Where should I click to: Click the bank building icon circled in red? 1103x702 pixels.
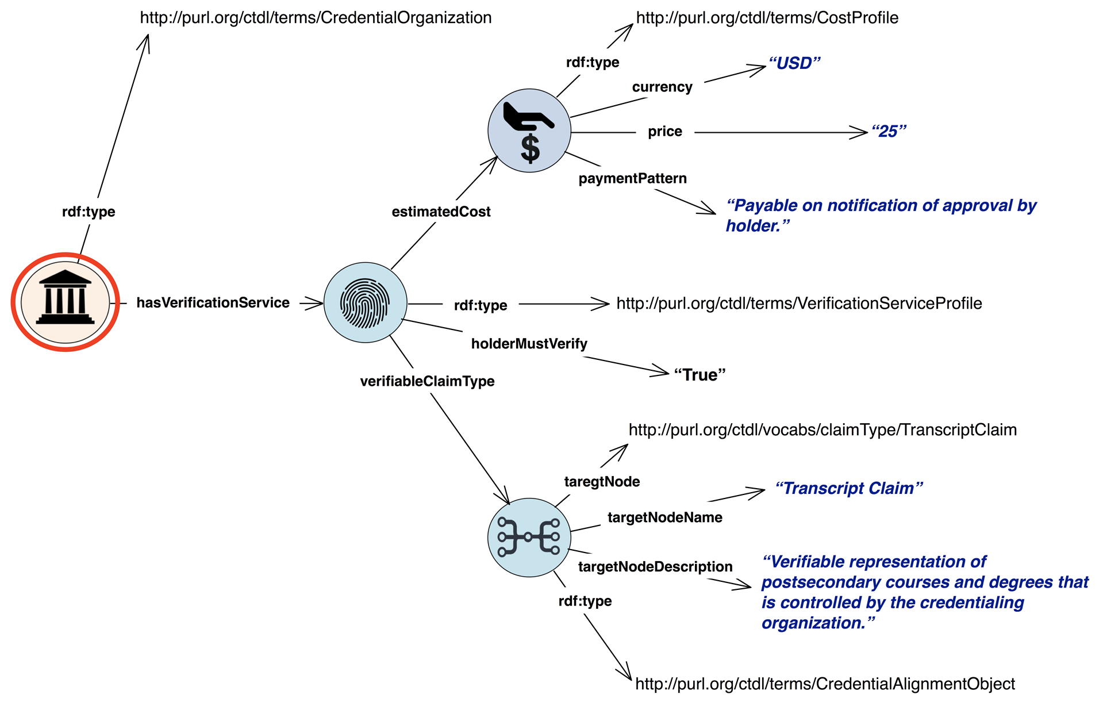click(65, 301)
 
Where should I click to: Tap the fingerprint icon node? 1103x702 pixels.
click(365, 303)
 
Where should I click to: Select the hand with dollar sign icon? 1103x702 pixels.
click(529, 131)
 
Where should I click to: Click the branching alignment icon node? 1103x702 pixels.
click(529, 537)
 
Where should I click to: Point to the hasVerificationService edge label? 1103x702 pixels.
click(213, 303)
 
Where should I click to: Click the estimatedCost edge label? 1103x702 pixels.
click(441, 212)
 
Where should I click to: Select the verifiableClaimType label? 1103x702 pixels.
click(427, 381)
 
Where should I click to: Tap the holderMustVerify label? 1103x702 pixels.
click(529, 344)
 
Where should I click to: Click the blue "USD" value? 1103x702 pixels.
click(794, 63)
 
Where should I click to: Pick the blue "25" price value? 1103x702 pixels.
click(889, 132)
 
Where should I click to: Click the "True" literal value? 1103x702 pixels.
click(700, 375)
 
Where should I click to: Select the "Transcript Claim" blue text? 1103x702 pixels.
click(848, 489)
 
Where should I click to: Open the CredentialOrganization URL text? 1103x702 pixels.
click(316, 18)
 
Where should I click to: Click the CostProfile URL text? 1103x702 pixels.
click(767, 18)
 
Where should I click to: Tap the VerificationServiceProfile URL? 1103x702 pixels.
click(799, 304)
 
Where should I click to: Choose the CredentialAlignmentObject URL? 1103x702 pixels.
click(825, 684)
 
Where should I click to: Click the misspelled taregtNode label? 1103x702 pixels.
click(602, 482)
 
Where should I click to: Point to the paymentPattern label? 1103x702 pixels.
click(632, 179)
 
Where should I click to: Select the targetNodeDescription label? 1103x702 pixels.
click(655, 567)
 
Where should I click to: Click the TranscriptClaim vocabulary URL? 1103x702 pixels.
click(823, 430)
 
